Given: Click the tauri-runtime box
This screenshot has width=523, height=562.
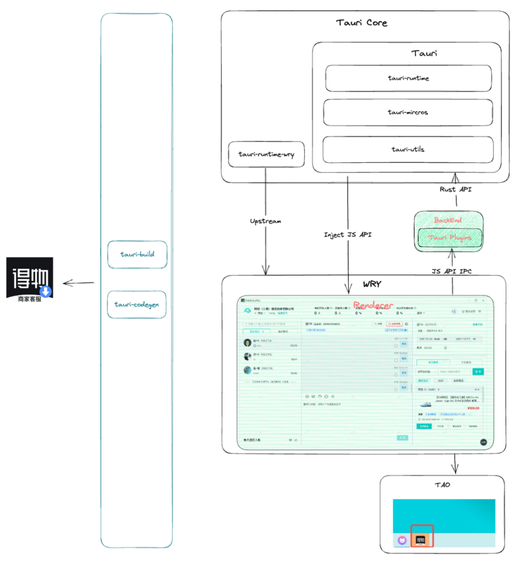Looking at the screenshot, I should (x=408, y=78).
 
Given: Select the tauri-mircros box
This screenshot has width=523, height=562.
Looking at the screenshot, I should (x=408, y=112).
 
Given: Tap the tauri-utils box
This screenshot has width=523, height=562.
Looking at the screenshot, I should (x=408, y=150).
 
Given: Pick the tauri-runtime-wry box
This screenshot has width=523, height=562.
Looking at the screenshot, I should (x=266, y=154).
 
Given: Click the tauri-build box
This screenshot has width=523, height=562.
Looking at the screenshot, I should (x=137, y=255).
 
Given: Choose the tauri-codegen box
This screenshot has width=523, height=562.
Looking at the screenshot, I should (x=137, y=304).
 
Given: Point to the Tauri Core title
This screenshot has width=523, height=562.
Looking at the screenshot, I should (x=361, y=23).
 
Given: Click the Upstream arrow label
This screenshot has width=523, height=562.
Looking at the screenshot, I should (x=265, y=221).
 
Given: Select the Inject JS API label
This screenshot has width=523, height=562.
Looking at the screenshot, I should (x=348, y=235).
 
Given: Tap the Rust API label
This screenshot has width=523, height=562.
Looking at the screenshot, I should (x=455, y=189).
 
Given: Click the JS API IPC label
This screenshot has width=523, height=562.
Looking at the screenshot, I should (x=451, y=271).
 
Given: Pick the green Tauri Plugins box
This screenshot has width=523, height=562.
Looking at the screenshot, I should (x=450, y=238).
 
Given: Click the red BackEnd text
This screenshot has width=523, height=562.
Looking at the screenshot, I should (x=448, y=220).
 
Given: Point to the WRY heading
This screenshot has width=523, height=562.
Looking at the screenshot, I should (x=372, y=284).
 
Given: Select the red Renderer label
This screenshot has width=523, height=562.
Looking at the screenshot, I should (x=373, y=305).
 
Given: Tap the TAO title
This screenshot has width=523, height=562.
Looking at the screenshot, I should (x=442, y=485).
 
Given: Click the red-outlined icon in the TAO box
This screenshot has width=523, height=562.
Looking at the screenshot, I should (x=422, y=536).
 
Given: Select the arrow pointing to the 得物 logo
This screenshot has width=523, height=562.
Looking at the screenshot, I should (x=78, y=283).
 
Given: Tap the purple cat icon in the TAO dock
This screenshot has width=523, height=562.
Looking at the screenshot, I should (x=402, y=540).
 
